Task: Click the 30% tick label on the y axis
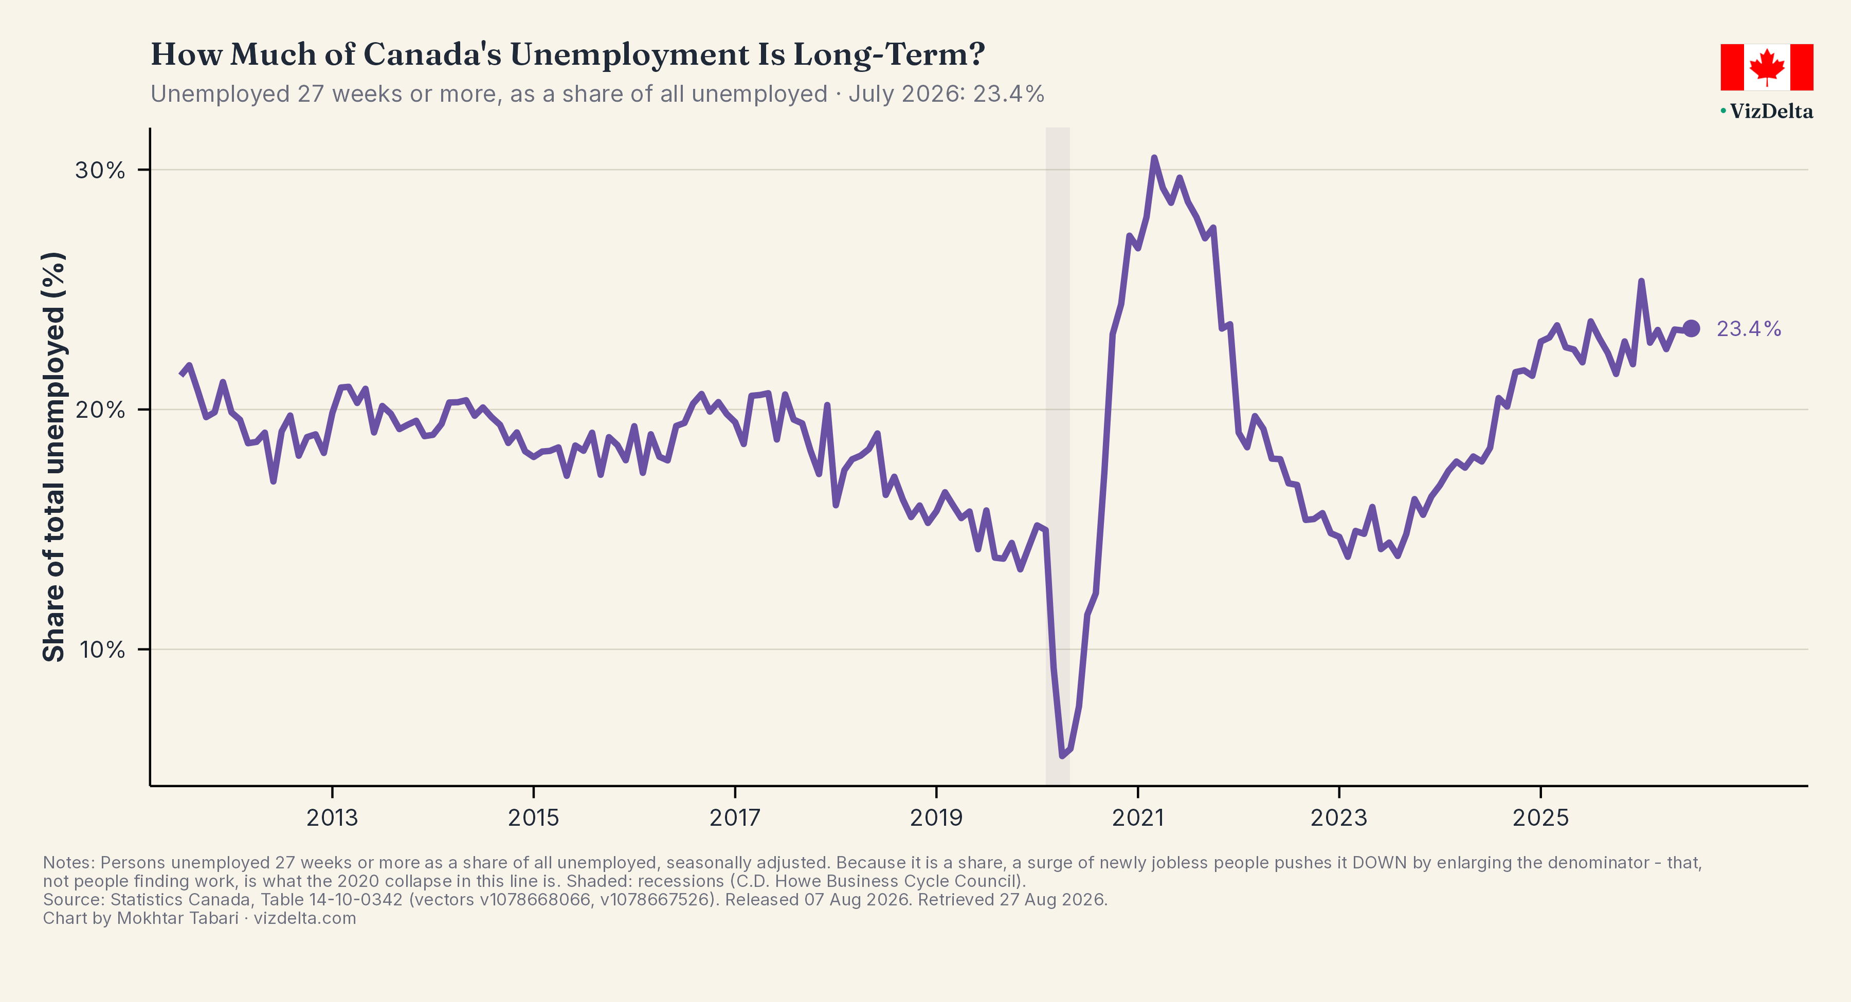[x=100, y=170]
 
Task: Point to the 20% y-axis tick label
[x=100, y=410]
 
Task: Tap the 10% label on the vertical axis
[x=102, y=650]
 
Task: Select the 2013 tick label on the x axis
[x=332, y=818]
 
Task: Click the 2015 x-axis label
[x=533, y=818]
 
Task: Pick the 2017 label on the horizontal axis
[x=734, y=818]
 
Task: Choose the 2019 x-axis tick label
[x=936, y=818]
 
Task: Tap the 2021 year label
[x=1137, y=818]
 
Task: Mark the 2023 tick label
[x=1339, y=818]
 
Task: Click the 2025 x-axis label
[x=1540, y=818]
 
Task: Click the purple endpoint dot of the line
[x=1692, y=328]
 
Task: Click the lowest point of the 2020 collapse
[x=1062, y=755]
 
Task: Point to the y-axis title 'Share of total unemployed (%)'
[x=54, y=457]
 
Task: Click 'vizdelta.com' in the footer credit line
[x=305, y=918]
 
